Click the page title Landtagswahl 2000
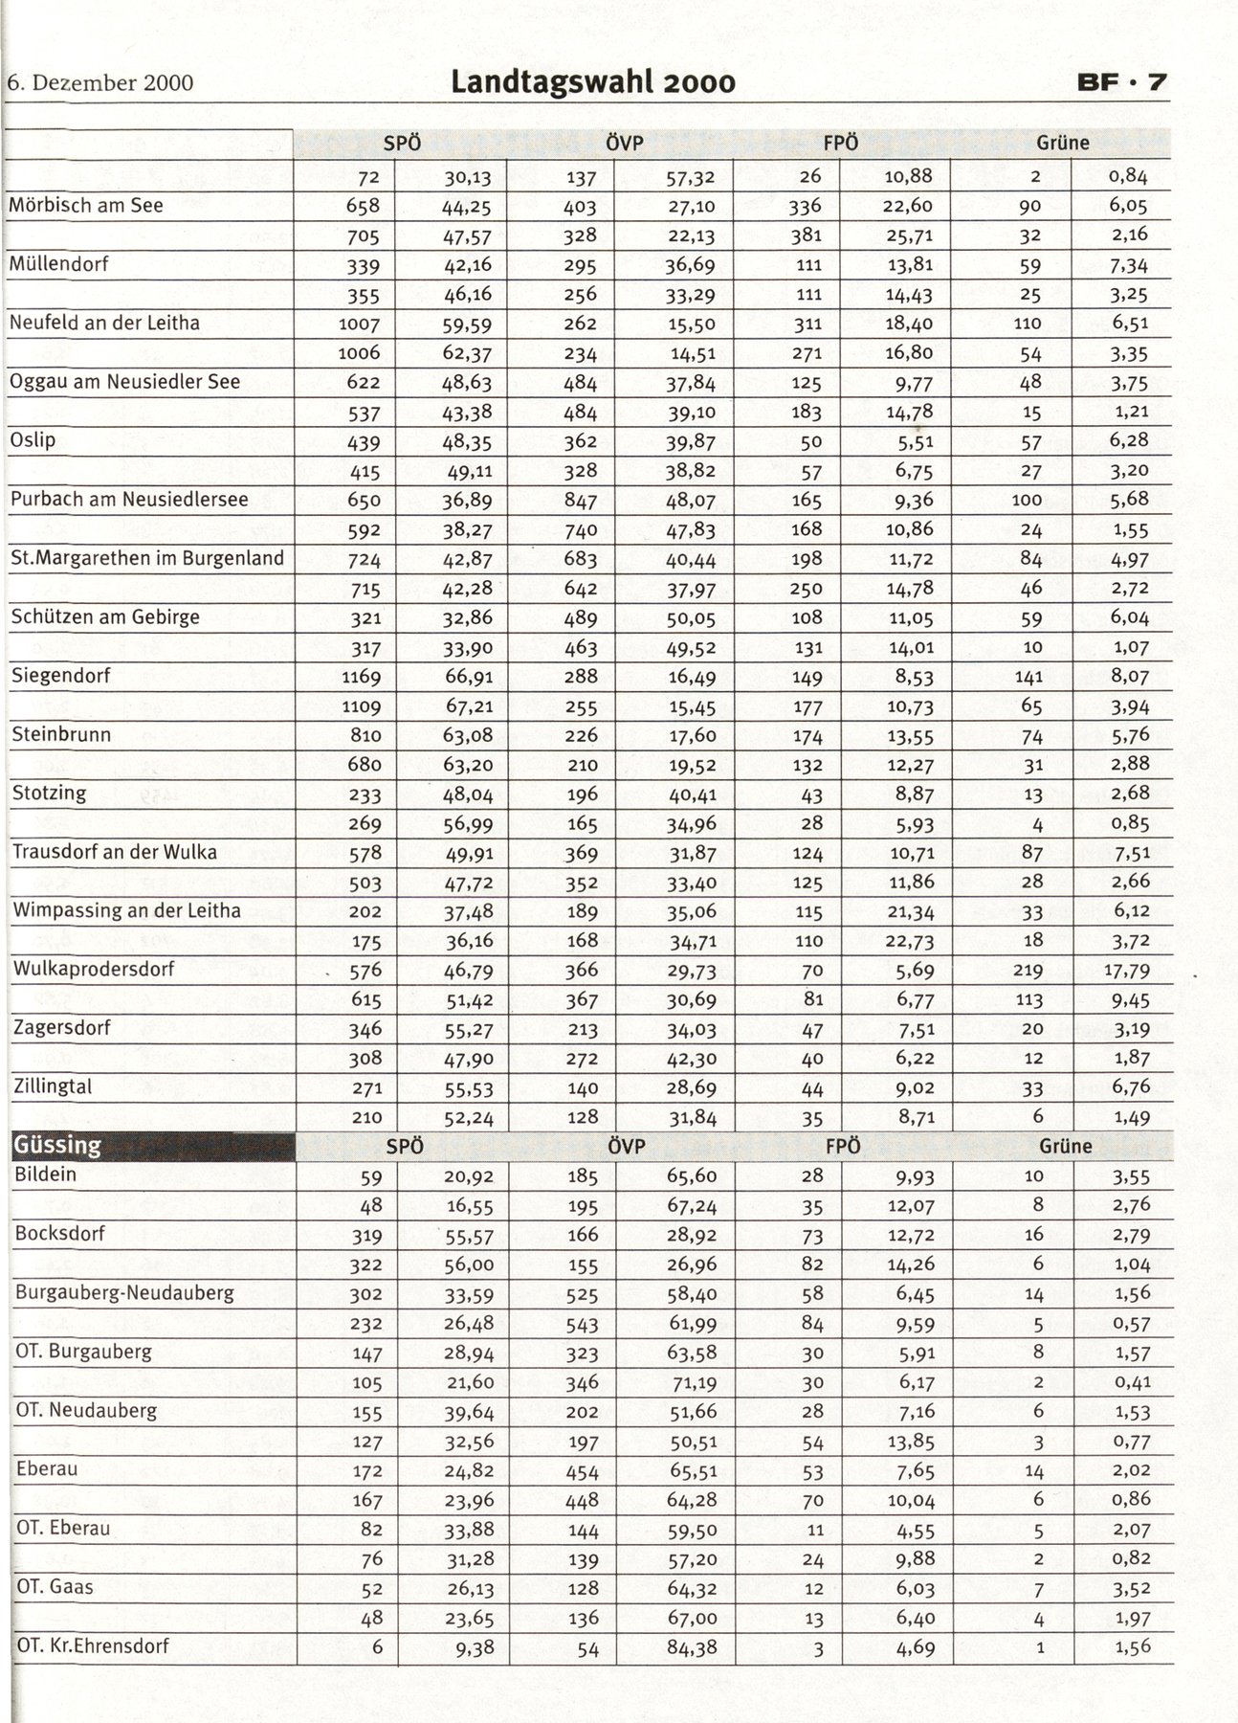(593, 82)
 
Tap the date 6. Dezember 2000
(100, 83)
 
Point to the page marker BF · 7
(1122, 82)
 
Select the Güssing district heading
(57, 1145)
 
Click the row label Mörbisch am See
(86, 206)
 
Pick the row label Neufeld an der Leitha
(104, 324)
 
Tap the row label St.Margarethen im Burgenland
(146, 558)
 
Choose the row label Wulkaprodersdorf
(94, 969)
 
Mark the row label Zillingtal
(54, 1086)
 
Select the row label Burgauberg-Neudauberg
(124, 1293)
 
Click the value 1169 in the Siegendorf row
(361, 678)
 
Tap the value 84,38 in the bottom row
(692, 1648)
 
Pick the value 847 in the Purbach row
(581, 501)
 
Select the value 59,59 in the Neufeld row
(468, 324)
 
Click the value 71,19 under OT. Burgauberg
(692, 1383)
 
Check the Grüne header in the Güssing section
(1065, 1147)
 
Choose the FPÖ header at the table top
(841, 144)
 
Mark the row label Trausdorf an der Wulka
(114, 852)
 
